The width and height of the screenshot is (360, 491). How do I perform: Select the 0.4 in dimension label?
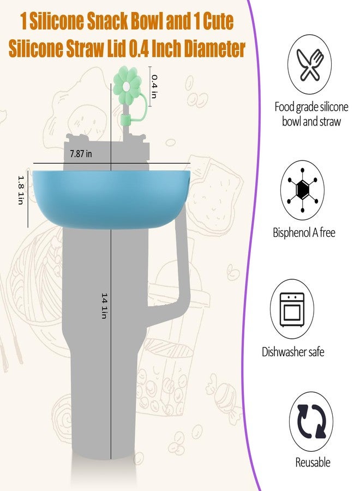click(x=154, y=86)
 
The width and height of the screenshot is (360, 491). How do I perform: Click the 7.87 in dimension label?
click(x=81, y=154)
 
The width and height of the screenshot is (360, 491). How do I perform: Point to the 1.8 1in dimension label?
click(x=21, y=190)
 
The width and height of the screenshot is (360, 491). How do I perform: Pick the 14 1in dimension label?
click(x=105, y=306)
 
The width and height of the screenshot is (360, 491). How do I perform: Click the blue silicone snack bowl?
click(x=111, y=196)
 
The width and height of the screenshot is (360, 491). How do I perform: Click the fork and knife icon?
click(x=310, y=65)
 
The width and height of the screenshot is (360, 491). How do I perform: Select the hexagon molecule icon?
click(x=302, y=190)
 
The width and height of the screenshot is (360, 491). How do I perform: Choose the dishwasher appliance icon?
click(x=292, y=309)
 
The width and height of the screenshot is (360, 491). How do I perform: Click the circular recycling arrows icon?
click(x=311, y=421)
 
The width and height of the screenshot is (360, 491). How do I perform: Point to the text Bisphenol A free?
click(x=304, y=232)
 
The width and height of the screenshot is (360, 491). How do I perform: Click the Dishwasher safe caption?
click(x=293, y=352)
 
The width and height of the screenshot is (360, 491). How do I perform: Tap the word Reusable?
click(x=313, y=462)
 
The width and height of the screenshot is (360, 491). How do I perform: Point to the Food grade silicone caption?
click(x=311, y=114)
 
